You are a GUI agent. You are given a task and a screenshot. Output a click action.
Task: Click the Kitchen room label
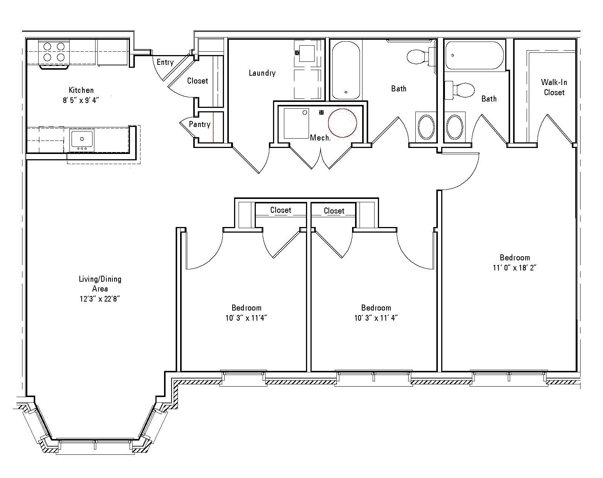point(81,90)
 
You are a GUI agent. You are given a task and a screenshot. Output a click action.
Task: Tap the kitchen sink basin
point(82,139)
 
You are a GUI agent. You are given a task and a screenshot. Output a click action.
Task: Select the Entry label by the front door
point(165,62)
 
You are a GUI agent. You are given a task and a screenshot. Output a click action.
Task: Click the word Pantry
point(200,124)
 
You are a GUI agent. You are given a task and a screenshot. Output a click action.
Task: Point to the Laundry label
point(262,73)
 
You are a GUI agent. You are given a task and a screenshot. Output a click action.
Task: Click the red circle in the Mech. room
point(342,123)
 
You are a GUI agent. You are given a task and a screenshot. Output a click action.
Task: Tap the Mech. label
point(320,137)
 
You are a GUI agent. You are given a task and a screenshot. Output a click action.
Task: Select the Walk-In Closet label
point(554,87)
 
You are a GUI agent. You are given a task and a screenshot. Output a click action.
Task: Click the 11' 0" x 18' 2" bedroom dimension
point(515,268)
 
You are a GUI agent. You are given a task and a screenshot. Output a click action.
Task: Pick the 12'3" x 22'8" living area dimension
point(100,299)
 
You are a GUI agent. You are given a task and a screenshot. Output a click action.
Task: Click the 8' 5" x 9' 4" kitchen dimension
point(81,100)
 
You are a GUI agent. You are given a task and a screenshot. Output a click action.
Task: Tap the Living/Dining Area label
point(100,284)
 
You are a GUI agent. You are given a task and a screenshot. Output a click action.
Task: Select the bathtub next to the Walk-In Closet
point(475,55)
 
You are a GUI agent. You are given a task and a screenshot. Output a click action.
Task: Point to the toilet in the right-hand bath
point(460,90)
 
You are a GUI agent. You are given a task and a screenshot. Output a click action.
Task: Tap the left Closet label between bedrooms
point(281,210)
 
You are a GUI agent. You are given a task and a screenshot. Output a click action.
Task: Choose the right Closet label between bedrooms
point(334,211)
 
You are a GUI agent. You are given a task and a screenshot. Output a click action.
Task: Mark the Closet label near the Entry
point(197,81)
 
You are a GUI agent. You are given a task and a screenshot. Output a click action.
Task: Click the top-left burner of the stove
point(47,46)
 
